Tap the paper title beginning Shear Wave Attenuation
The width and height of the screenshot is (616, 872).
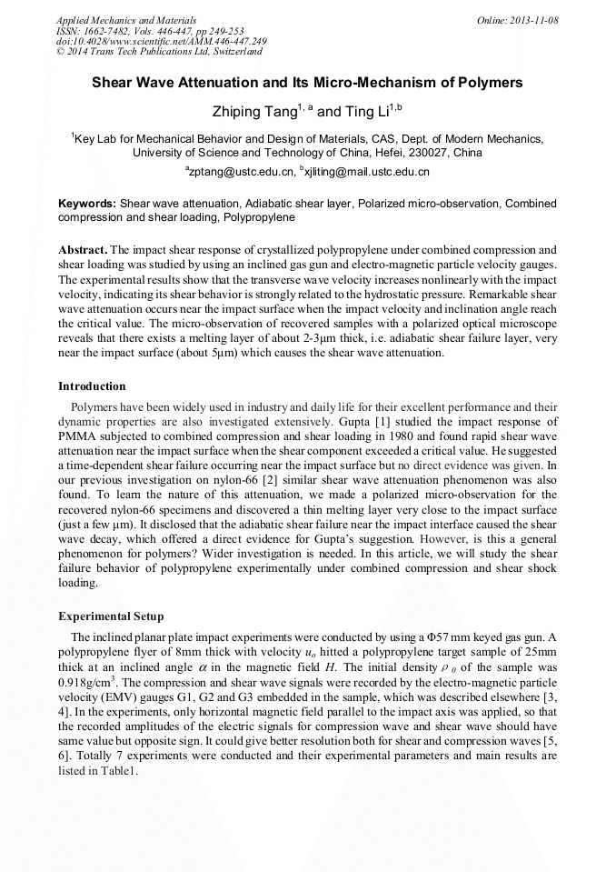tap(307, 83)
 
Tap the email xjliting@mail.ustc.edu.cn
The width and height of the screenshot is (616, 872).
tap(368, 171)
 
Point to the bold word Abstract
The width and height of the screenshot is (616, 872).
tap(83, 248)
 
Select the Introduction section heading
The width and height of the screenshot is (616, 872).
tap(92, 386)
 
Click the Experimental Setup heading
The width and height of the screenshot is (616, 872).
tap(111, 616)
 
